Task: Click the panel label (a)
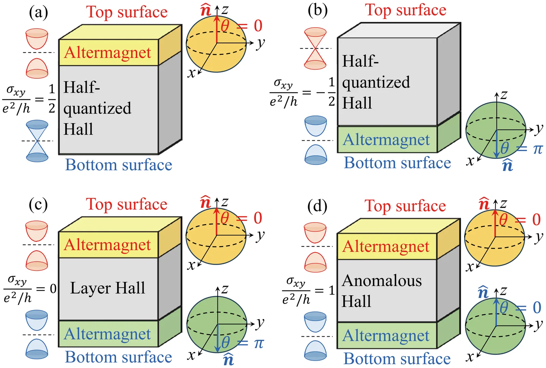click(x=38, y=13)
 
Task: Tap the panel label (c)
click(x=38, y=205)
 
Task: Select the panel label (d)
click(x=317, y=206)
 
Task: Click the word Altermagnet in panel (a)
click(x=107, y=53)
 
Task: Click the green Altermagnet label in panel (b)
click(x=386, y=140)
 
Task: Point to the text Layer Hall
click(x=107, y=288)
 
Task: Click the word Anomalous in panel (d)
click(x=382, y=281)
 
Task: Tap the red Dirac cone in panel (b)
click(x=315, y=49)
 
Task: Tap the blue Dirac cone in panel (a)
click(x=37, y=141)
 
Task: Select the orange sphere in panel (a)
click(x=216, y=44)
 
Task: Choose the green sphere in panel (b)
click(x=495, y=130)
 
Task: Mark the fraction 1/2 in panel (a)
click(x=52, y=99)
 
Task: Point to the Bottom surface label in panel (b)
click(x=397, y=163)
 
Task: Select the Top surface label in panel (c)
click(x=127, y=204)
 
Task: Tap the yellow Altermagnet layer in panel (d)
click(x=387, y=247)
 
